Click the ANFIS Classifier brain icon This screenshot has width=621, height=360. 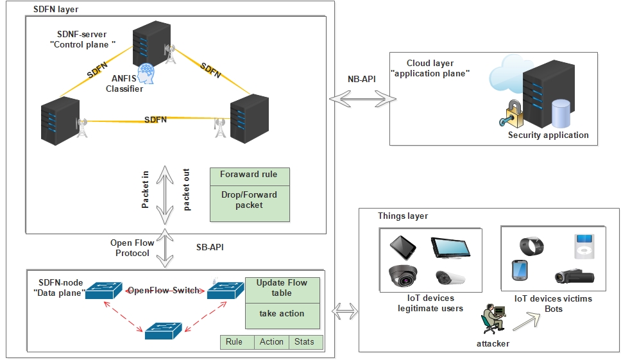click(x=147, y=73)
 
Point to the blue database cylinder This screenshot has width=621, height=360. click(x=561, y=114)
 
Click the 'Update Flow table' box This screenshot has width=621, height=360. click(x=282, y=287)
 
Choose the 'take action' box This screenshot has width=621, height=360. click(x=282, y=314)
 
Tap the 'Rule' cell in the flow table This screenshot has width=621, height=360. click(x=234, y=342)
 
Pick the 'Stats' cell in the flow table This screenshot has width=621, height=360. click(x=305, y=342)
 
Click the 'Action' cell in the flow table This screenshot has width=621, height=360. click(x=271, y=342)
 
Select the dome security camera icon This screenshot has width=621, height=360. click(x=403, y=275)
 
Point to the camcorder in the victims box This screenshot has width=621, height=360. click(x=574, y=276)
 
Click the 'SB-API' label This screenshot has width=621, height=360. click(x=210, y=247)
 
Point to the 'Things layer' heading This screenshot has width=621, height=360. click(x=403, y=216)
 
